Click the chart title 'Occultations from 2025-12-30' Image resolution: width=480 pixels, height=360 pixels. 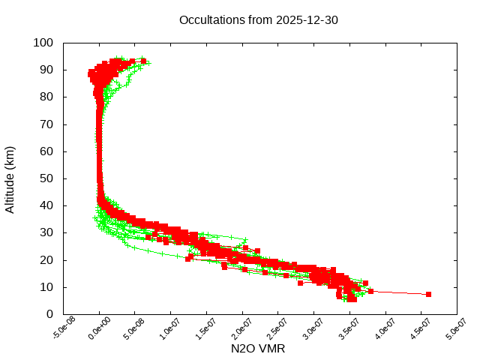[259, 20]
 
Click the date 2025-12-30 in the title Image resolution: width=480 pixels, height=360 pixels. [308, 20]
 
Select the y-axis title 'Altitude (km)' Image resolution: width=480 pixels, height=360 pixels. [10, 179]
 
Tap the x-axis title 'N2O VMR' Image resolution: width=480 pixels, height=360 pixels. [259, 349]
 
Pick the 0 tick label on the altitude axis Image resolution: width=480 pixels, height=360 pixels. [49, 314]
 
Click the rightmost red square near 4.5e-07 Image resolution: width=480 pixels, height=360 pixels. [428, 294]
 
